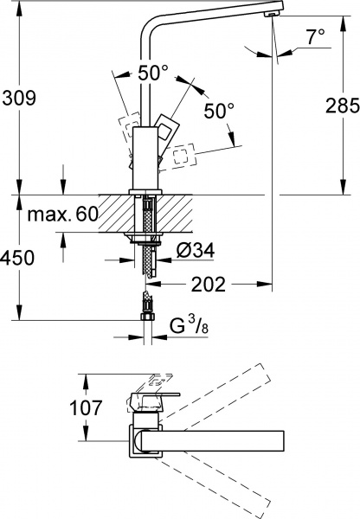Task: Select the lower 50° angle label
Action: (218, 112)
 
